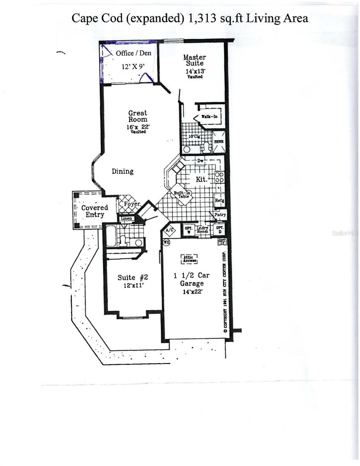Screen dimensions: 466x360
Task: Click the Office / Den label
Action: [x=133, y=53]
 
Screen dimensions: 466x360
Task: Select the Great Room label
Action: [x=138, y=116]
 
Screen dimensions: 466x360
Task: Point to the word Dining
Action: [x=122, y=171]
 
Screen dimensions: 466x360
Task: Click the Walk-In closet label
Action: [x=209, y=116]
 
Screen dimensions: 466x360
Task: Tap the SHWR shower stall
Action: [x=219, y=143]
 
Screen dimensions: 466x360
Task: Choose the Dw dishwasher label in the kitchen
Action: [x=200, y=160]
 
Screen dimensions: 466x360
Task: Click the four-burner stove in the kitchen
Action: [x=219, y=177]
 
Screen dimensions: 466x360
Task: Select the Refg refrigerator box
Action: [x=219, y=201]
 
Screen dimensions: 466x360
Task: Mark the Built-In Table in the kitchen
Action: [x=181, y=194]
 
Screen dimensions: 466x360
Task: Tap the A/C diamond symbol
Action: [x=170, y=231]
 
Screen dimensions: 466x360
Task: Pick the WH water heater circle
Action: [x=166, y=242]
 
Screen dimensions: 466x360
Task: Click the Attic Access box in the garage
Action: [x=189, y=259]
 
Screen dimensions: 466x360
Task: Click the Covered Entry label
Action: [x=94, y=211]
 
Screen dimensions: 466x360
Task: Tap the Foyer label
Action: [x=132, y=204]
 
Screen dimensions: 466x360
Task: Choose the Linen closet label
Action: [x=127, y=219]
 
